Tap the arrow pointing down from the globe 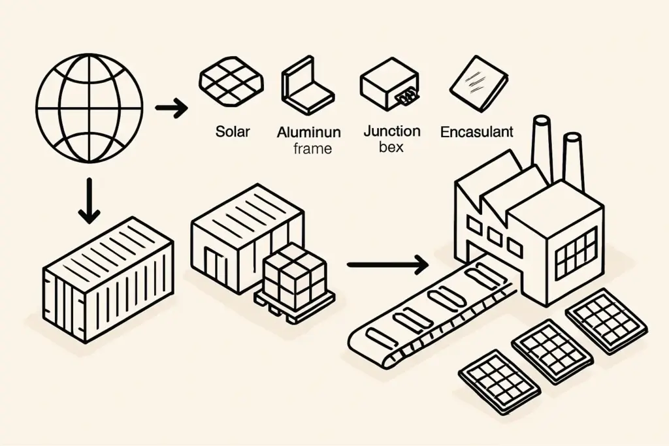[x=88, y=204]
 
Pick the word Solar [x=233, y=131]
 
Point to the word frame [x=312, y=148]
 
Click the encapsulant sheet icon [x=479, y=84]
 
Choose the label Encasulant [x=476, y=132]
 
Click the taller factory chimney [x=542, y=146]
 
